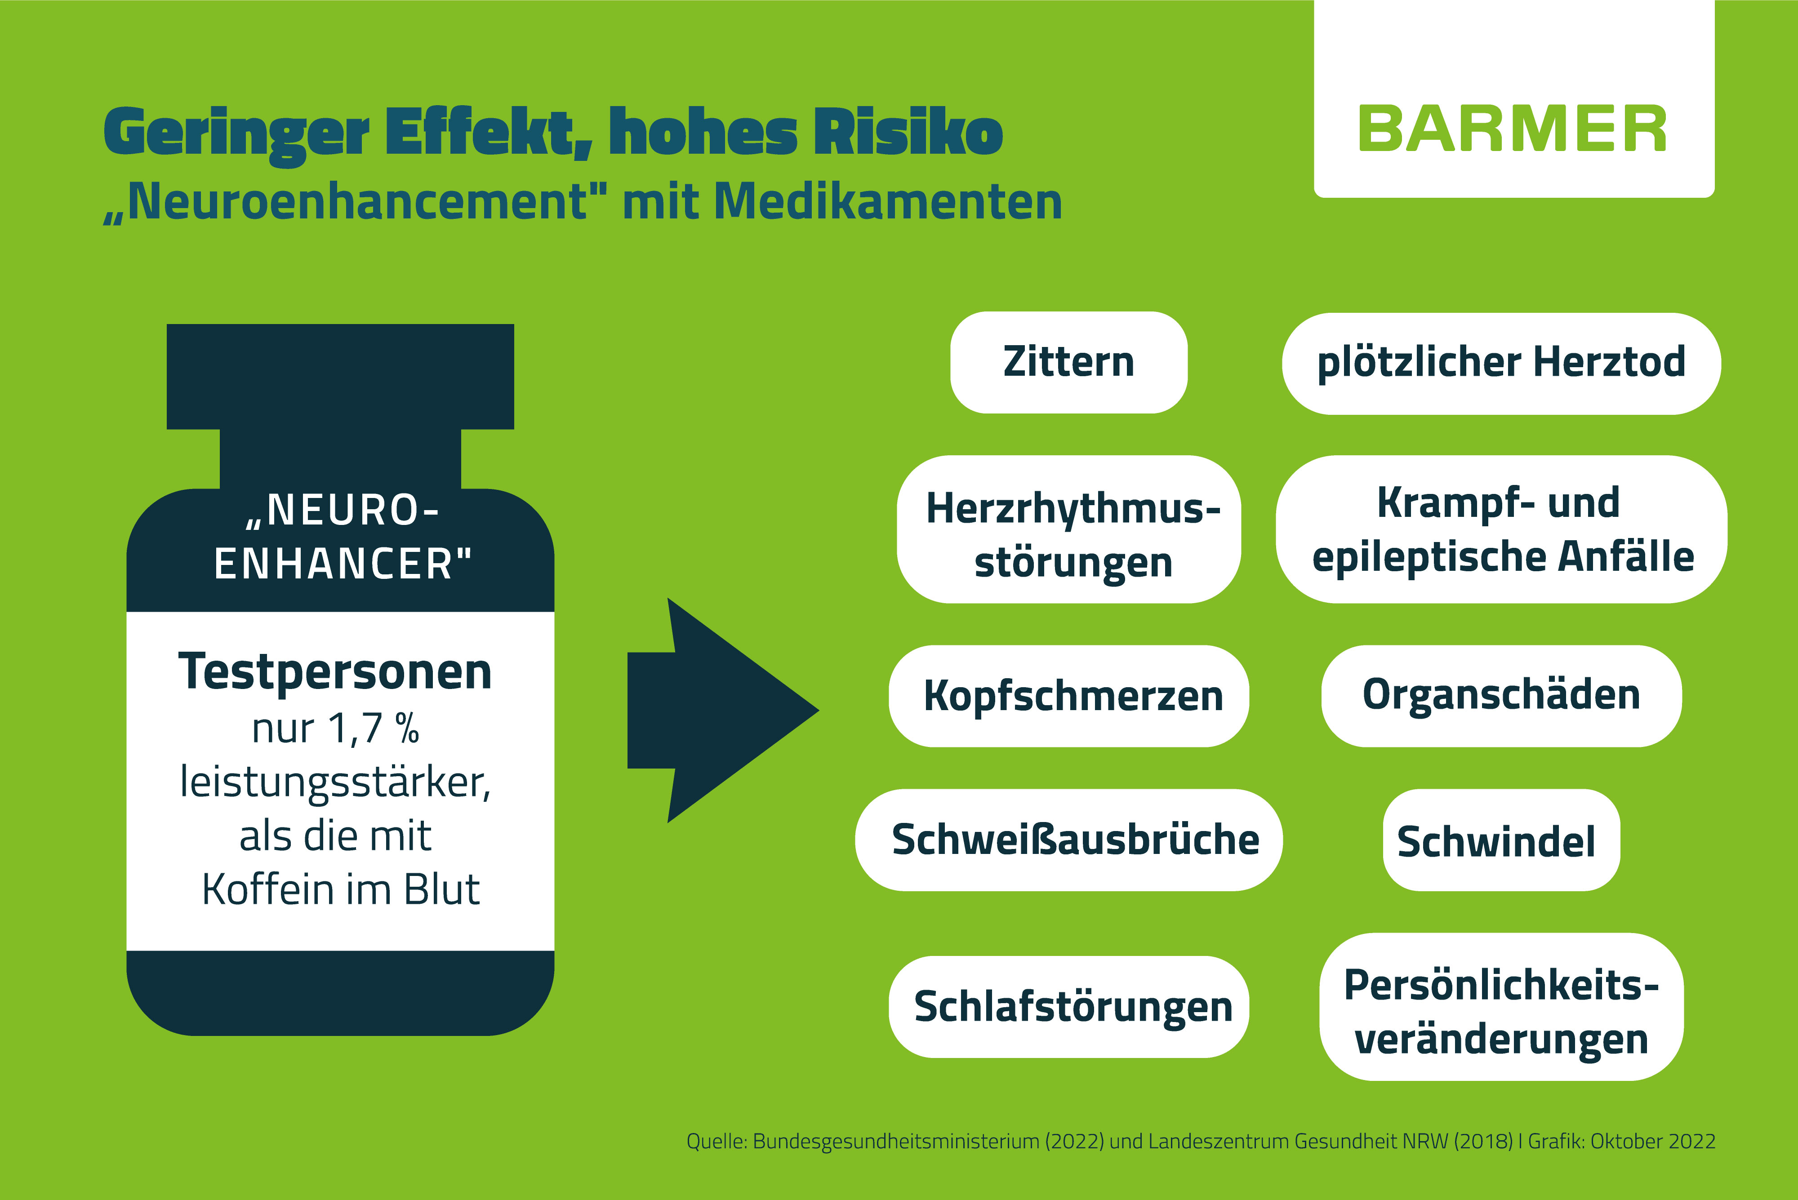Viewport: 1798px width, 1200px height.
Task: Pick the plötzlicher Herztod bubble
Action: click(x=1501, y=364)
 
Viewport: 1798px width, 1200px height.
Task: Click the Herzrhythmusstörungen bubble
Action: click(x=1068, y=529)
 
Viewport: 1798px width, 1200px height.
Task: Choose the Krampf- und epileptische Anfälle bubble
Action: click(x=1501, y=529)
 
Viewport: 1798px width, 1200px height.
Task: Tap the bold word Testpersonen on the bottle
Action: click(x=335, y=672)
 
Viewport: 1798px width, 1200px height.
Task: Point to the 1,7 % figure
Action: click(x=374, y=729)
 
